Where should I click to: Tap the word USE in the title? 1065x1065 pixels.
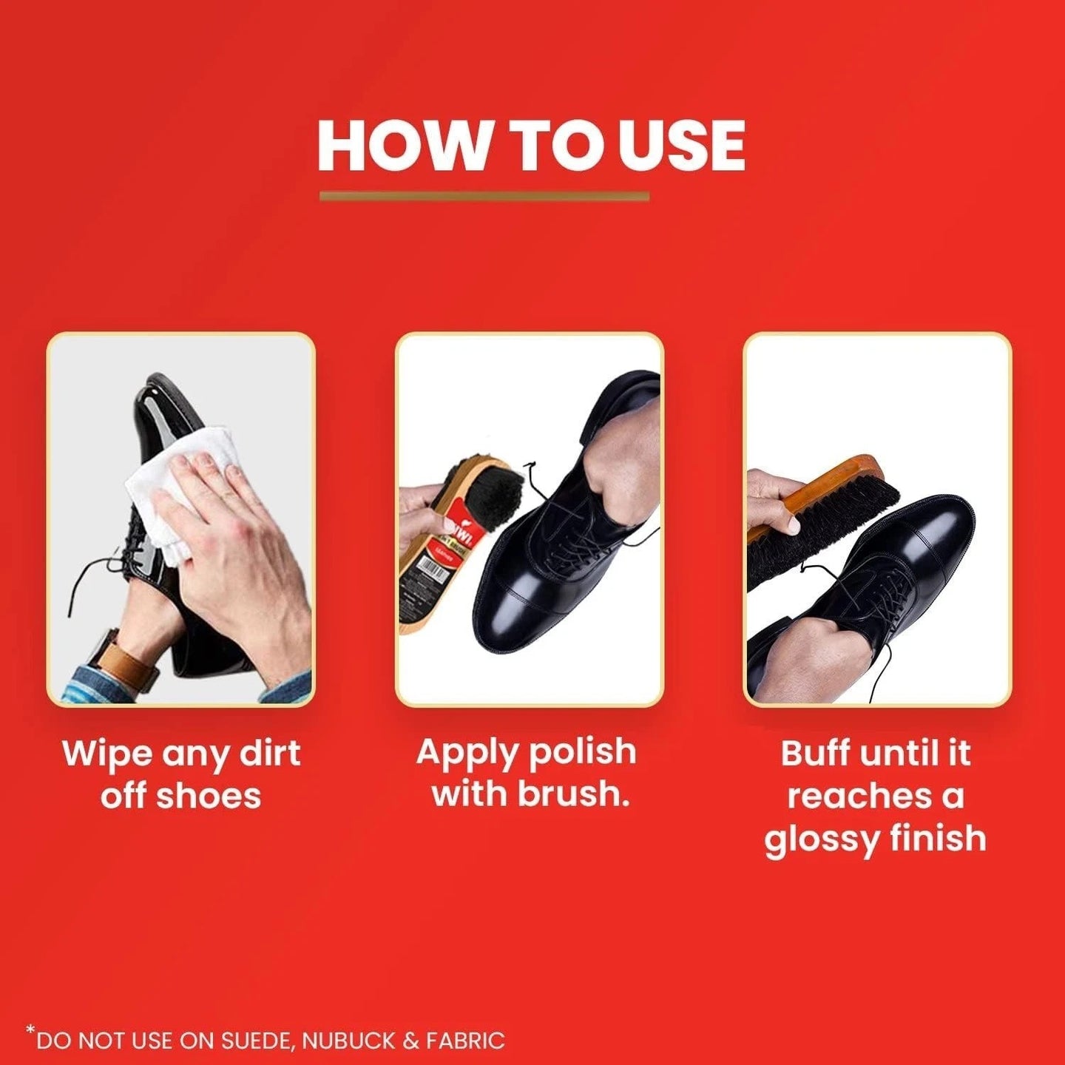pos(681,145)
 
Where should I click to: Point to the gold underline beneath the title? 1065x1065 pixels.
pos(484,197)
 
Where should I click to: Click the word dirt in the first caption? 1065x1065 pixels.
pos(270,754)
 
